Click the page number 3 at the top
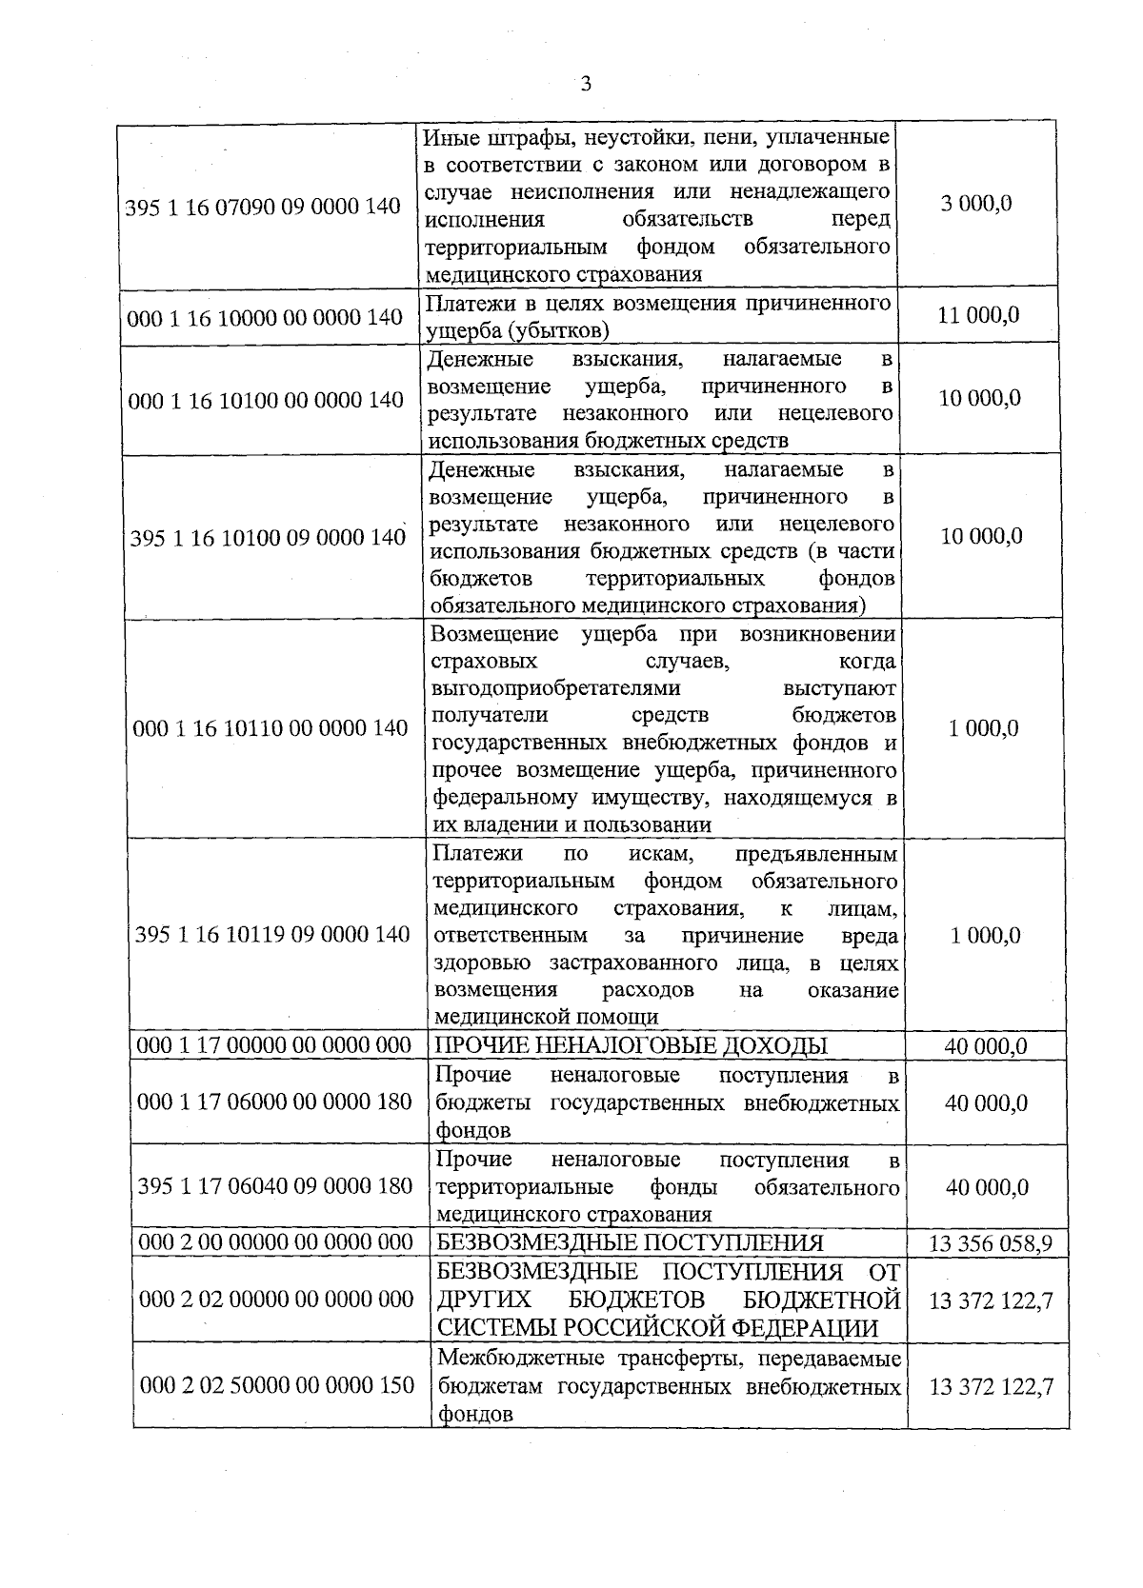[x=586, y=85]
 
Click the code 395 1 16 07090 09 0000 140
[x=263, y=206]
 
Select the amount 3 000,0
[x=977, y=204]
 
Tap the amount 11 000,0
[x=978, y=315]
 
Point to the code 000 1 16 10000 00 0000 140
[x=265, y=317]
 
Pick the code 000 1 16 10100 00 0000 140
[x=266, y=400]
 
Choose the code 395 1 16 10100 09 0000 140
[x=268, y=538]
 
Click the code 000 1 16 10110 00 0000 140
[x=271, y=729]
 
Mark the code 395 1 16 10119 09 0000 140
[x=272, y=935]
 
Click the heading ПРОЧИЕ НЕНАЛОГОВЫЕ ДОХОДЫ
[x=631, y=1046]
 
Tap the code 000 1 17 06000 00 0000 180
[x=275, y=1102]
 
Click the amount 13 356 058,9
[x=990, y=1243]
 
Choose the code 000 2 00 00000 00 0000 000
[x=276, y=1243]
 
